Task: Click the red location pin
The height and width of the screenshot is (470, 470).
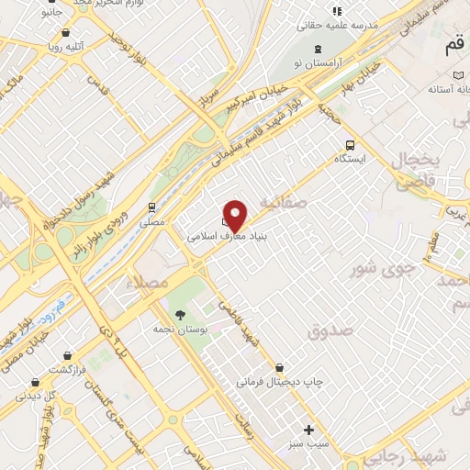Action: click(235, 215)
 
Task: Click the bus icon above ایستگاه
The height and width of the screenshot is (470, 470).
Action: click(349, 145)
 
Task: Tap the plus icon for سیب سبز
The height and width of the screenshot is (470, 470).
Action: click(309, 430)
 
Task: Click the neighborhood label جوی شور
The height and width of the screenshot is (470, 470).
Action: click(376, 268)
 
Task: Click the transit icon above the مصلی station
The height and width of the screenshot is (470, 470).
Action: click(151, 207)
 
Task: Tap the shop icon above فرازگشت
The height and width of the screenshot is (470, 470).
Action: click(68, 355)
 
